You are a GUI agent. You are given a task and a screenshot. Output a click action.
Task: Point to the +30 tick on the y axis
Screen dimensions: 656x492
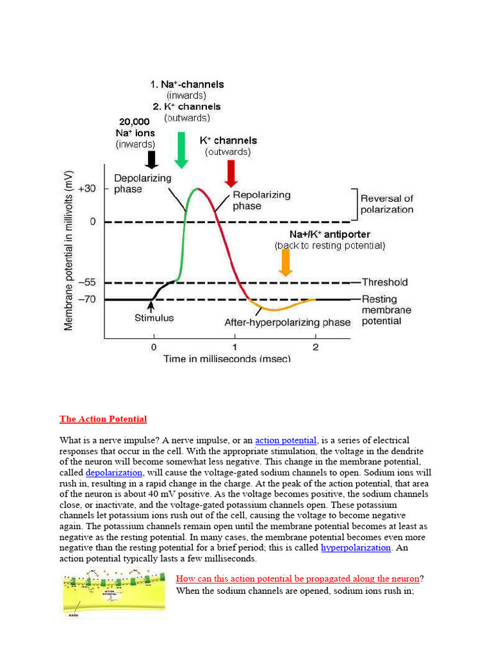click(x=87, y=188)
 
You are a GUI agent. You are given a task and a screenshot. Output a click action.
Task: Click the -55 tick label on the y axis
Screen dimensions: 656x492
click(x=87, y=283)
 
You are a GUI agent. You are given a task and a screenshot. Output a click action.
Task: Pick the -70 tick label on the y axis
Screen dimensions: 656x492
click(x=87, y=299)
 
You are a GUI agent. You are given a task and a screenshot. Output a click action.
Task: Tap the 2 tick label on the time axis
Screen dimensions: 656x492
click(x=315, y=347)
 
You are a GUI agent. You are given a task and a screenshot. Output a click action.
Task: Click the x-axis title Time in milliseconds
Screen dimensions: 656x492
click(x=227, y=358)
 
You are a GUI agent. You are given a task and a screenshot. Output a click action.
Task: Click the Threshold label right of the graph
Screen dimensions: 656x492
click(x=384, y=282)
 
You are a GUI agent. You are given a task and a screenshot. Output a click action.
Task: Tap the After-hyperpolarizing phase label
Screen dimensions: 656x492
click(x=287, y=322)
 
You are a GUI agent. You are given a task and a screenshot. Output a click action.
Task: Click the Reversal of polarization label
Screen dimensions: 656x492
click(x=386, y=204)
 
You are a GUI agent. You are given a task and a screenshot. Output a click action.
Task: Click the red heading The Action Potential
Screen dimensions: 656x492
click(x=103, y=419)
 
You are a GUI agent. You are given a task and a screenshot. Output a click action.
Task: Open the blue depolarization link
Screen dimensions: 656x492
click(x=114, y=473)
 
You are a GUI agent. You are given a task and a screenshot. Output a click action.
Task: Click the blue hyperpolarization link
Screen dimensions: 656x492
click(x=356, y=548)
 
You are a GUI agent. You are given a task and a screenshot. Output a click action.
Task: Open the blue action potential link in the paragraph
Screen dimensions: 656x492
click(x=286, y=440)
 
